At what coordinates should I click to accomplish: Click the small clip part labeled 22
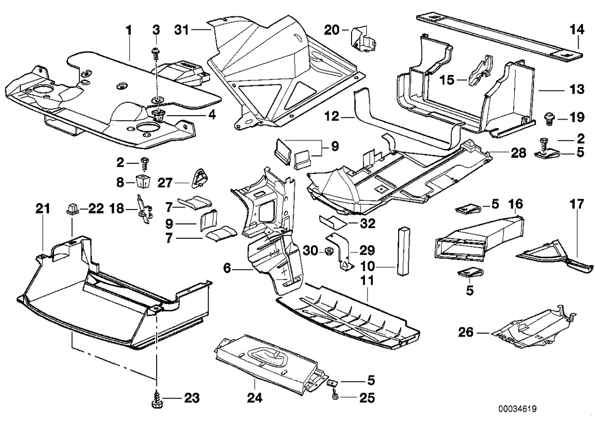(70, 210)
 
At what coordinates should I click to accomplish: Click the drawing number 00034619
(518, 410)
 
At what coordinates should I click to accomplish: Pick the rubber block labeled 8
(143, 181)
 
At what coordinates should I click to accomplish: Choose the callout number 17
(576, 204)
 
